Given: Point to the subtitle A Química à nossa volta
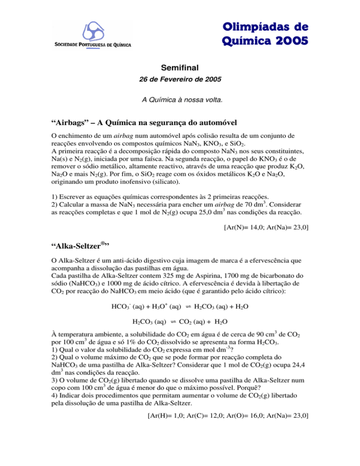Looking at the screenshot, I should tap(180, 100).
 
